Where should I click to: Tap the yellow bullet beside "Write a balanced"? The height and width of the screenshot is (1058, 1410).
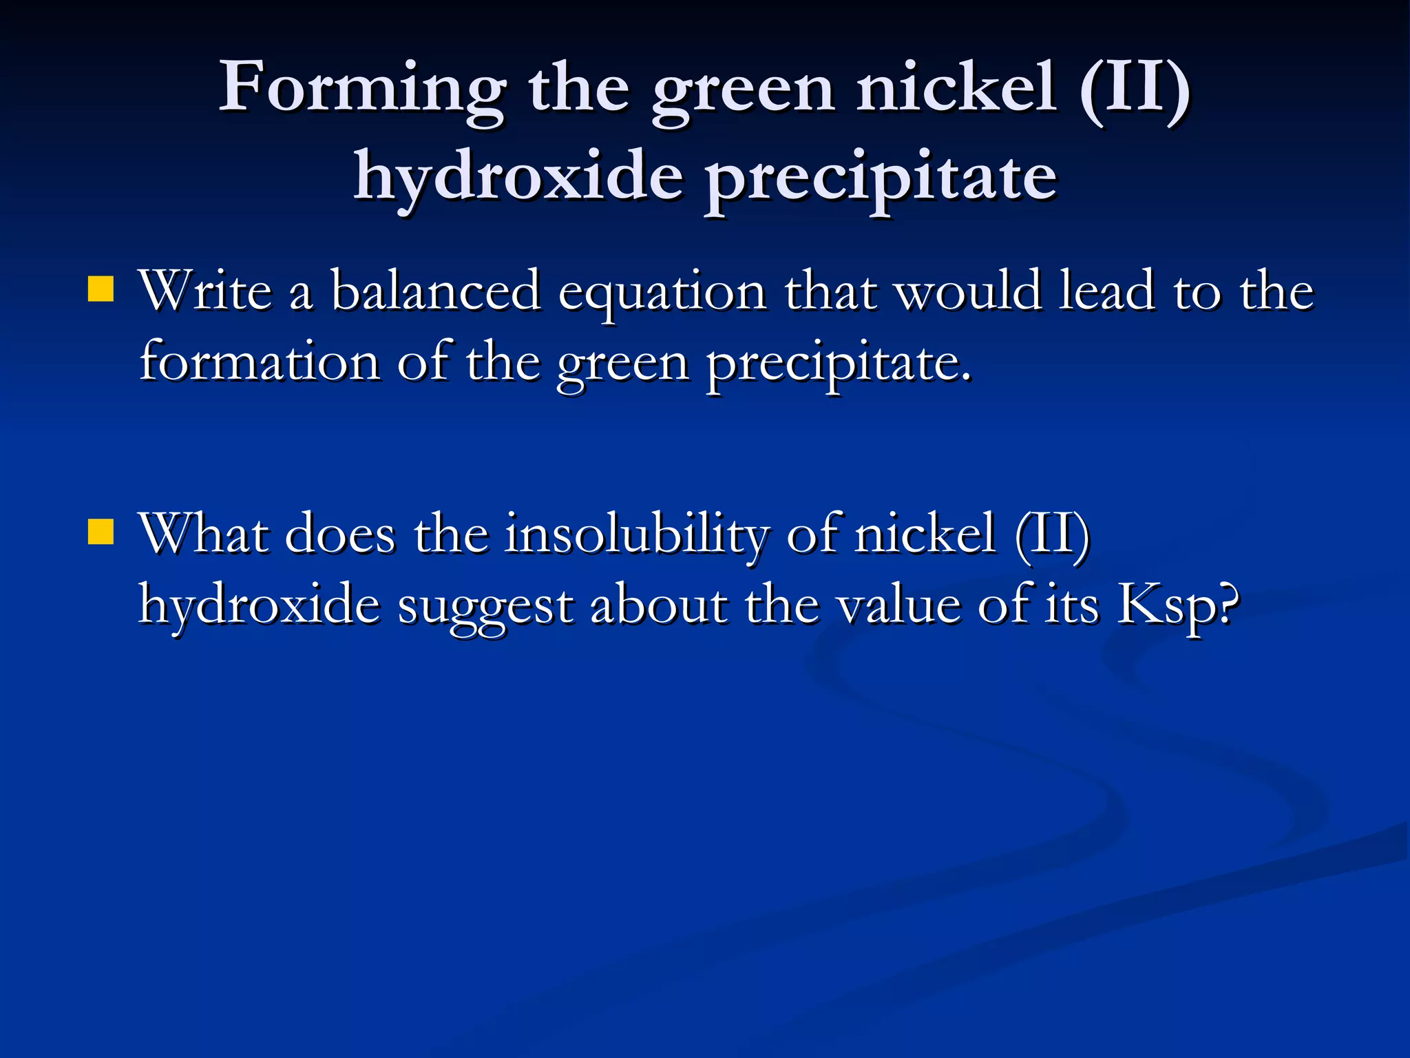(101, 289)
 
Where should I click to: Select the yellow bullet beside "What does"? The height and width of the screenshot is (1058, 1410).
(101, 532)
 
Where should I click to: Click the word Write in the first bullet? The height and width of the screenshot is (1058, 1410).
(206, 291)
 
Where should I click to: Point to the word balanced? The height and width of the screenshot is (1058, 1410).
(436, 291)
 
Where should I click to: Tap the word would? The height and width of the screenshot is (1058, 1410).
(967, 291)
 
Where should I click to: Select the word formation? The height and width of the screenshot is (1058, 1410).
(259, 362)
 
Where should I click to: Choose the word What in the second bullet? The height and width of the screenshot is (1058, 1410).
(204, 533)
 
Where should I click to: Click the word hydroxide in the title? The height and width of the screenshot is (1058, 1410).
(518, 178)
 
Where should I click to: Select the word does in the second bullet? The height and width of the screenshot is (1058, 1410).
(340, 535)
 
